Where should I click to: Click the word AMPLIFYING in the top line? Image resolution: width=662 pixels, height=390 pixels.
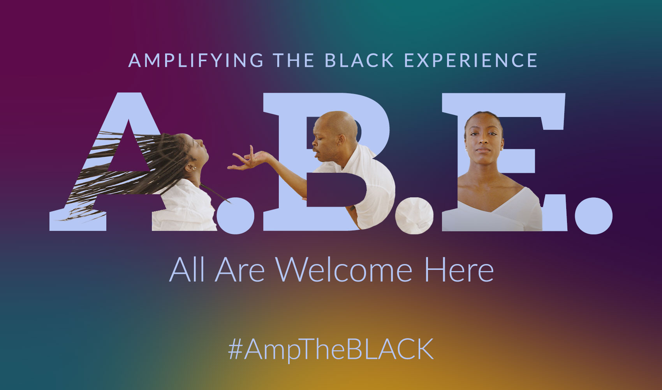pyautogui.click(x=195, y=60)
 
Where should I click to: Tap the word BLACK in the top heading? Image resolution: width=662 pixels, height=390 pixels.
pyautogui.click(x=359, y=60)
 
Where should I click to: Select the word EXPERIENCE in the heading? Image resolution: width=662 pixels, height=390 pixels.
pyautogui.click(x=470, y=60)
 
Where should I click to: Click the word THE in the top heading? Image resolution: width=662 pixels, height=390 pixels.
pyautogui.click(x=294, y=60)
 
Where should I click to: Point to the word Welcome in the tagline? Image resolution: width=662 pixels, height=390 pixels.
pyautogui.click(x=344, y=269)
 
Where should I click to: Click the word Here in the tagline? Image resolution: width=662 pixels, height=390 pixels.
pyautogui.click(x=459, y=269)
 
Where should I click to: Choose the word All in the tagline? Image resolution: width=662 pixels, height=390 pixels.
pyautogui.click(x=187, y=269)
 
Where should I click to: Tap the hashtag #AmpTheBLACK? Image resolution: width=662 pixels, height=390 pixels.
pyautogui.click(x=331, y=349)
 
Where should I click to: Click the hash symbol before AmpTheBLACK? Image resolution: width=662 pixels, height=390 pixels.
pyautogui.click(x=236, y=349)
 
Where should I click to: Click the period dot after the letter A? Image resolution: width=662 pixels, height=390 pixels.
pyautogui.click(x=235, y=215)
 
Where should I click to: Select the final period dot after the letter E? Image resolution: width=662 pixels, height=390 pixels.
pyautogui.click(x=593, y=215)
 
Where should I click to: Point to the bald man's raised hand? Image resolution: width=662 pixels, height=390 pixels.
pyautogui.click(x=250, y=159)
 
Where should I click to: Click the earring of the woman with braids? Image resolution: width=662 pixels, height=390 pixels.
pyautogui.click(x=194, y=168)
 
